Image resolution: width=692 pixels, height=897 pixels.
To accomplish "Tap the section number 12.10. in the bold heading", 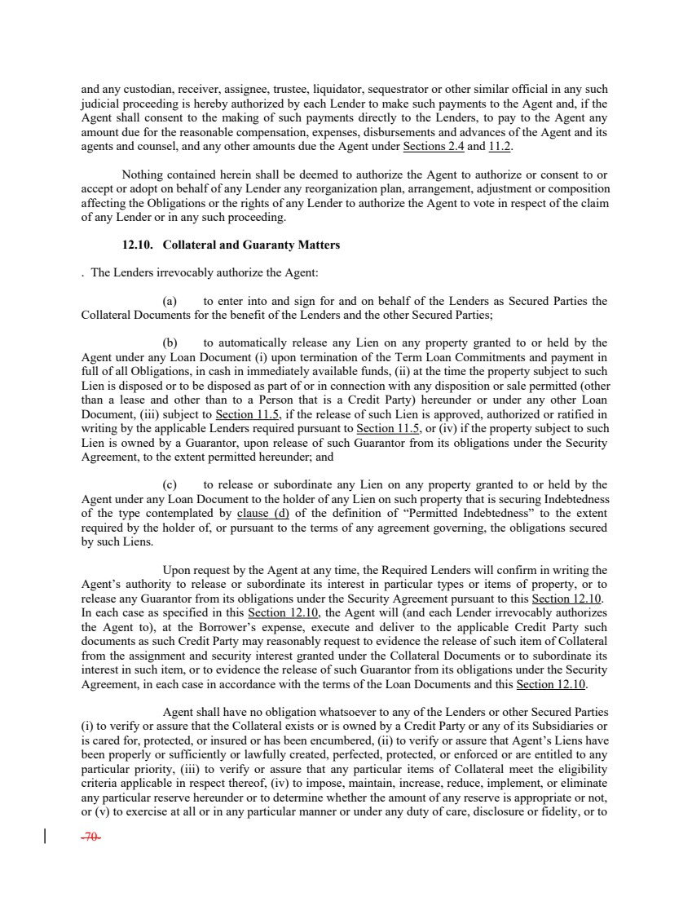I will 139,245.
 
